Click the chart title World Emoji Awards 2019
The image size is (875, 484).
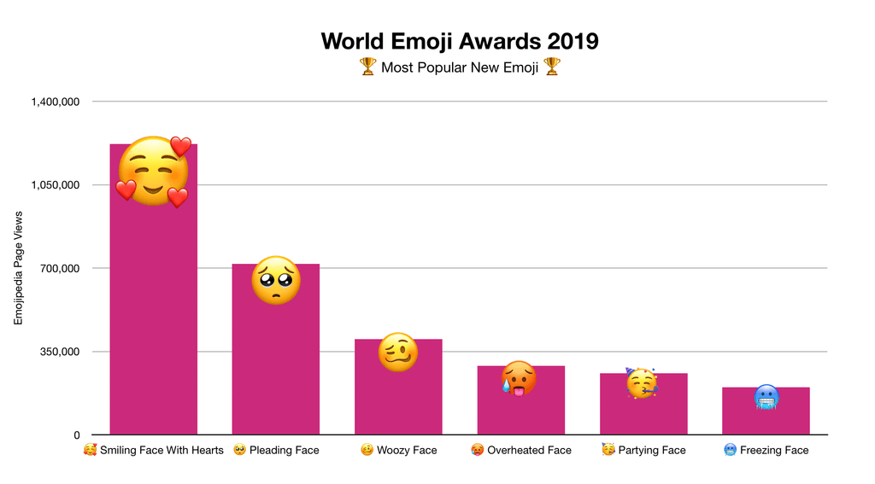pos(460,41)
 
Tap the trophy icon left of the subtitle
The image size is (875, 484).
pos(367,67)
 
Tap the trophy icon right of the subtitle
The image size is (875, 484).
pos(552,67)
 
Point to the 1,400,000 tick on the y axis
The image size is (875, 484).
pos(56,102)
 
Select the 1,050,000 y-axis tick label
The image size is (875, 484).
pos(56,185)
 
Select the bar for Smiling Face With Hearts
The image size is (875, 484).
pos(154,324)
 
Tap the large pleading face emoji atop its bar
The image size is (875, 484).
pos(276,280)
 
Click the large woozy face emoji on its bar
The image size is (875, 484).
pos(398,352)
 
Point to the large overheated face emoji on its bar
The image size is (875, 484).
pos(520,378)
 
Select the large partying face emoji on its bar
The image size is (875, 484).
pos(642,383)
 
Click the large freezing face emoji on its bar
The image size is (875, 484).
pos(766,397)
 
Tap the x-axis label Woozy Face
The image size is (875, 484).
pos(407,450)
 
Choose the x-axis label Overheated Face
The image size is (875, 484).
pos(529,450)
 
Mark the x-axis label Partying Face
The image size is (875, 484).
pos(651,450)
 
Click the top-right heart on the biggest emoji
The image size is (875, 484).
pos(180,147)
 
